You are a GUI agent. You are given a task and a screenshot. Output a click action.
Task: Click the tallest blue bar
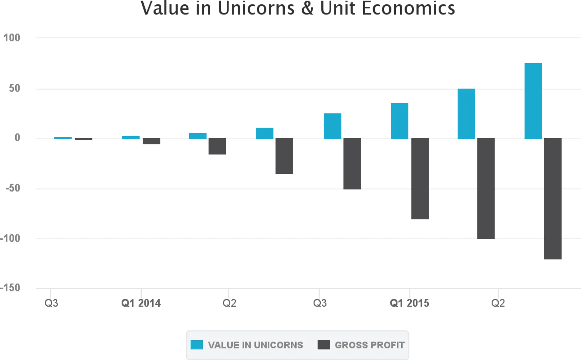533,100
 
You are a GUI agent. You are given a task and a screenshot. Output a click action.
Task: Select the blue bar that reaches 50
466,113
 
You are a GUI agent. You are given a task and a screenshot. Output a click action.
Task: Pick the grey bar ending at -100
486,189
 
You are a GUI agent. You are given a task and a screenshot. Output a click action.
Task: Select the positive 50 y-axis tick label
15,88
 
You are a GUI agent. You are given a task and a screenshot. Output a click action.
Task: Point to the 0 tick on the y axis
17,138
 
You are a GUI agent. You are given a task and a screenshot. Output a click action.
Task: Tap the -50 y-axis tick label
12,188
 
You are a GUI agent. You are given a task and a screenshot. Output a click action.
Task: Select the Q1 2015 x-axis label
410,303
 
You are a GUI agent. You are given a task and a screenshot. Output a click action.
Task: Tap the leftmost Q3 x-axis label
51,303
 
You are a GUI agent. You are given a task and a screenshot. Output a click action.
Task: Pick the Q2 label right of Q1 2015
498,303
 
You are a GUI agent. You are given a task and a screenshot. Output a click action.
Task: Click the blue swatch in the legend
196,345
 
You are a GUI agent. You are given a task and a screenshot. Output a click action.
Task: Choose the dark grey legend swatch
324,345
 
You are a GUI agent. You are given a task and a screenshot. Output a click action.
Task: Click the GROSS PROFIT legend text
369,345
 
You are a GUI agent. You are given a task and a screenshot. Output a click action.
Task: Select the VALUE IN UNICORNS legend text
255,345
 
